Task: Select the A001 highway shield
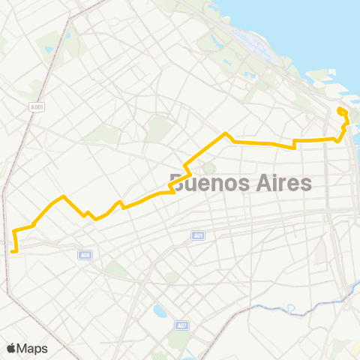(37, 107)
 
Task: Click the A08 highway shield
(85, 255)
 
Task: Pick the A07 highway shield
(182, 325)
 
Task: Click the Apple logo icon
(11, 348)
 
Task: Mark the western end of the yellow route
(13, 251)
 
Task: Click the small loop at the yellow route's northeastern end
(342, 112)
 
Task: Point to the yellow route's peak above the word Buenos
(226, 133)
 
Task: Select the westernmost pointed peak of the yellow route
(64, 196)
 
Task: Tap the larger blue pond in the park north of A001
(49, 49)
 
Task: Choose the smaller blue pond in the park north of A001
(67, 34)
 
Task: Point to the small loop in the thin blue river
(290, 307)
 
